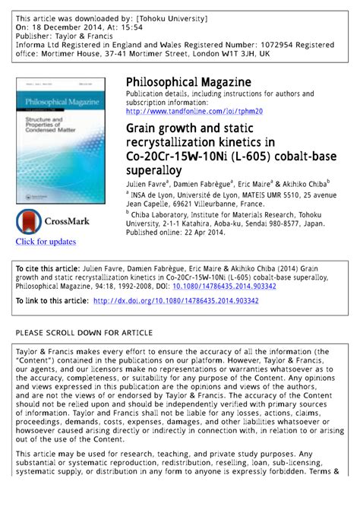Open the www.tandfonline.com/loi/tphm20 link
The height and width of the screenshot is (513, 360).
click(194, 111)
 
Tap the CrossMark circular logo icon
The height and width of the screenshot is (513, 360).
click(30, 221)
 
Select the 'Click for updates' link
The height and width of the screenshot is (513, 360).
click(46, 242)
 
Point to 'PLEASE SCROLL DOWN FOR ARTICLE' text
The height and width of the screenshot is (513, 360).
click(84, 333)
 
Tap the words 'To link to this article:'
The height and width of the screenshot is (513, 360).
click(53, 301)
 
